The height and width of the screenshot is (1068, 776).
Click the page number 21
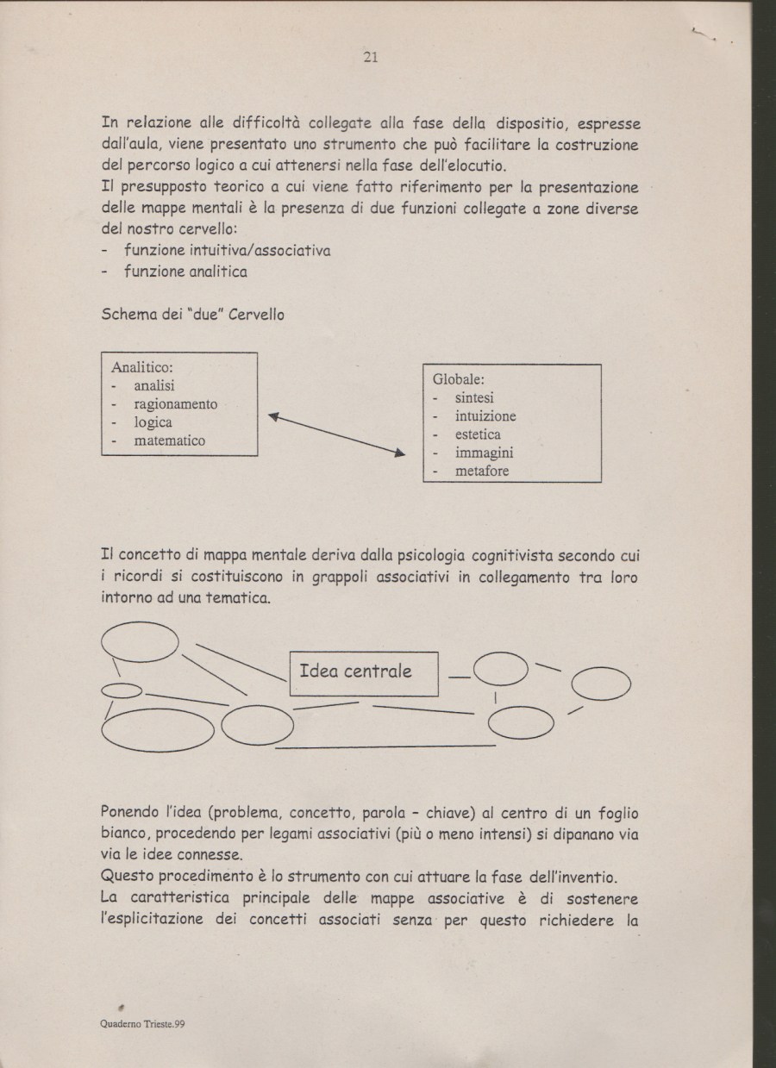(372, 58)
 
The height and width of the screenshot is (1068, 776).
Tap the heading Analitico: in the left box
(142, 367)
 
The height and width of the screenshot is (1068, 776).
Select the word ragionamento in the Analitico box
(175, 404)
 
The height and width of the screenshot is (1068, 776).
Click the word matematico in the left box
(170, 440)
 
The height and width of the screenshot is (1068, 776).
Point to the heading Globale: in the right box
(460, 379)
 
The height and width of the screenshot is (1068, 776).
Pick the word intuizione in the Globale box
(485, 416)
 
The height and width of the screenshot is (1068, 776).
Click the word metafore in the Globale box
(482, 471)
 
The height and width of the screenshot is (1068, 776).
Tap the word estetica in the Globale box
(478, 434)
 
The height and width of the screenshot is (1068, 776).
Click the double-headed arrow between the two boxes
(336, 434)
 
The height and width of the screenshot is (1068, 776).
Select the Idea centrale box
(365, 671)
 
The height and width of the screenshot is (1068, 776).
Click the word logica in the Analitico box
(153, 422)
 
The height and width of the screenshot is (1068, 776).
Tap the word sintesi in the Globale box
(474, 398)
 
